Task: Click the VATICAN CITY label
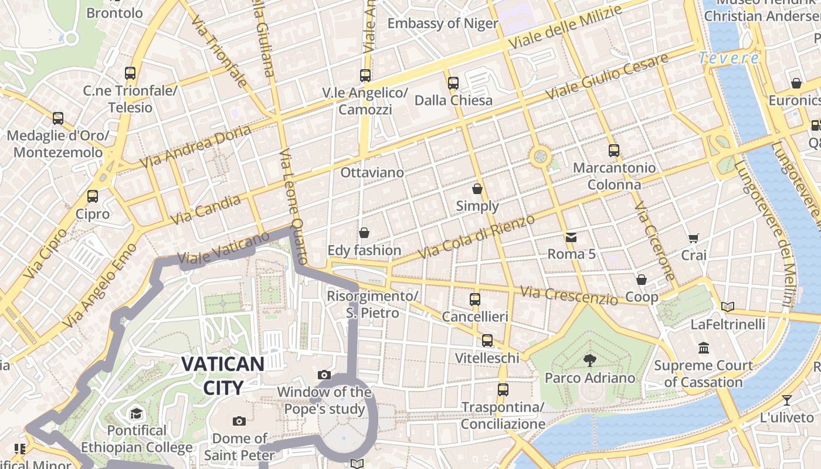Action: pyautogui.click(x=222, y=375)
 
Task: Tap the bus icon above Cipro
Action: pyautogui.click(x=92, y=196)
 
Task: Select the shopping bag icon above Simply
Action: pyautogui.click(x=477, y=189)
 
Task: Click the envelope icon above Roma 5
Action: pyautogui.click(x=571, y=237)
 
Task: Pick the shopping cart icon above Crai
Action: pyautogui.click(x=694, y=238)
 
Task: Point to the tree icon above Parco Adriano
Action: pyautogui.click(x=590, y=361)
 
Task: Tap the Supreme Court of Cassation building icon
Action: pyautogui.click(x=704, y=348)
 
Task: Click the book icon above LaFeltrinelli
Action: pyautogui.click(x=728, y=307)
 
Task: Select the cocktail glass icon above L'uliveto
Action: pyautogui.click(x=786, y=400)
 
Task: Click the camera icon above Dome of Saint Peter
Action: pyautogui.click(x=239, y=421)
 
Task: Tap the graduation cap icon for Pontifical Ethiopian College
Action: pyautogui.click(x=136, y=413)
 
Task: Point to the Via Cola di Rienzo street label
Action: pyautogui.click(x=476, y=237)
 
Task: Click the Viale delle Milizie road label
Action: pyautogui.click(x=565, y=28)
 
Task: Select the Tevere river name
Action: pyautogui.click(x=729, y=58)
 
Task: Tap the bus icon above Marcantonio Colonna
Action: pyautogui.click(x=613, y=151)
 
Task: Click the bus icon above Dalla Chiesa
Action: pyautogui.click(x=453, y=83)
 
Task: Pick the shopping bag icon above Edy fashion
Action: pyautogui.click(x=364, y=233)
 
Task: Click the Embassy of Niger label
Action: pyautogui.click(x=443, y=23)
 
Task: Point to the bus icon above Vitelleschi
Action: pyautogui.click(x=487, y=341)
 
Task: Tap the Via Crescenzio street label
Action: pyautogui.click(x=569, y=295)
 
